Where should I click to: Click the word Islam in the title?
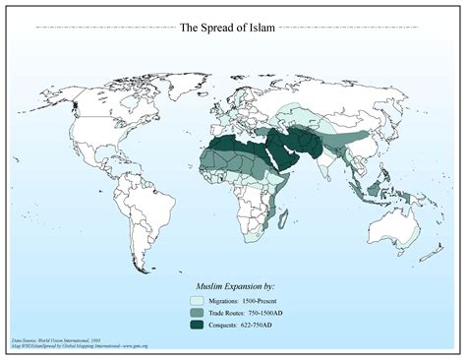(x=270, y=29)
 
